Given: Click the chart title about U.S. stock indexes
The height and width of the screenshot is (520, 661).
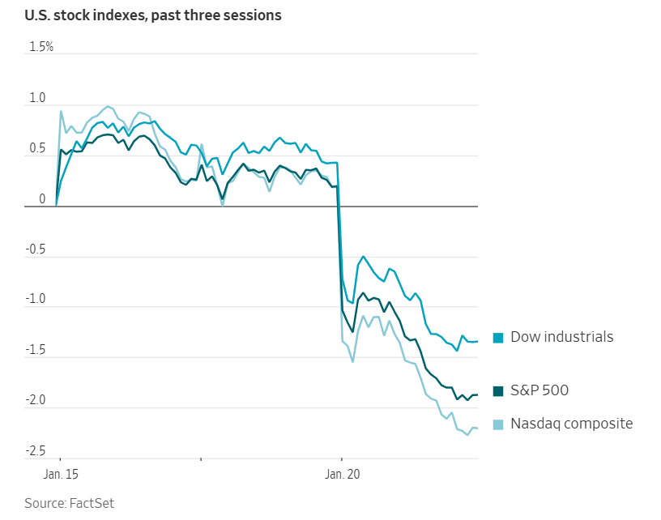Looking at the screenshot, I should (153, 15).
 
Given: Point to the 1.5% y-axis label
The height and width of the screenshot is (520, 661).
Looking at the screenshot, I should (41, 47).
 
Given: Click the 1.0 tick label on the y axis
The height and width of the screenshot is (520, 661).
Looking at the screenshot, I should (38, 99).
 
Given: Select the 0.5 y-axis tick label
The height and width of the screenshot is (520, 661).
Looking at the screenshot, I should (38, 149).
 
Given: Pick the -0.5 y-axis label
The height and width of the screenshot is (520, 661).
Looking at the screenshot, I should (36, 249).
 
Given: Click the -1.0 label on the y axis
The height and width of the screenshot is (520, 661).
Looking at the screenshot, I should (36, 300).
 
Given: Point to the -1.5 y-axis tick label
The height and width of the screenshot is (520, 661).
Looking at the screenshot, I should (36, 351).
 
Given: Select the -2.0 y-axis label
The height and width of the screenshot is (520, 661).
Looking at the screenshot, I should (36, 401).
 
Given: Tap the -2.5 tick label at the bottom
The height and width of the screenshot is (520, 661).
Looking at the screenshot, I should (36, 451).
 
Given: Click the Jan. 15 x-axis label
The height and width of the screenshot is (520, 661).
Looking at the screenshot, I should (61, 473).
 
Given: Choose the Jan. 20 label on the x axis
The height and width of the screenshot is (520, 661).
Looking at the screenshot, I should (342, 473).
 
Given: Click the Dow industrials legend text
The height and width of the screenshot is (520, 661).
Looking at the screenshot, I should (561, 337).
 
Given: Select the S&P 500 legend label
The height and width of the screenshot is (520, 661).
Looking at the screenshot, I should (539, 390).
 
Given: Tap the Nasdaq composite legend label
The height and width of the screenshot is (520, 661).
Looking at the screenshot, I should (571, 423).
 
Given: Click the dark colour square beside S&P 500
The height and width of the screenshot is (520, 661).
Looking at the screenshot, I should (498, 391).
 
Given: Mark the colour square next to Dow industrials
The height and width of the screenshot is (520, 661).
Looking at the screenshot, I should (498, 338).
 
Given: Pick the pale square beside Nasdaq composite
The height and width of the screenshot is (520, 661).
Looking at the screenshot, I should (498, 424).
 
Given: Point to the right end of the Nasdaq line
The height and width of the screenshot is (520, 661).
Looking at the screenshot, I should (477, 428).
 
